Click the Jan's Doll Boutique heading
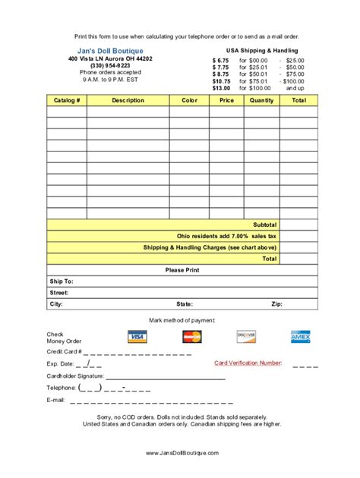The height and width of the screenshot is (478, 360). pos(109,51)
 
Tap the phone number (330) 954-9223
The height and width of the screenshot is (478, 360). pos(109,66)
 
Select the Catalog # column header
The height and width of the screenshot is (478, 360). pos(67,100)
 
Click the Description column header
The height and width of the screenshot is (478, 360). pos(128,100)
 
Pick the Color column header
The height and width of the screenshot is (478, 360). pos(189,100)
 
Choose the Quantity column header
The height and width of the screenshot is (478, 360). pos(261,100)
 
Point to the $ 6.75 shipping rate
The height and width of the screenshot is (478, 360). pos(220,60)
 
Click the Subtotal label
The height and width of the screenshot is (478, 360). pos(265,225)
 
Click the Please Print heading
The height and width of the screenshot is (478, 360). pos(182,269)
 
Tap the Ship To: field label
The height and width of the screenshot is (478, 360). pos(62,281)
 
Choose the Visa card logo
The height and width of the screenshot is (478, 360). pos(137,336)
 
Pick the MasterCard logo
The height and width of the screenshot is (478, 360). pos(192,336)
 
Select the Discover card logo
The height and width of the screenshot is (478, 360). pos(246,335)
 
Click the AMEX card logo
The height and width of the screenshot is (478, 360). pos(301,336)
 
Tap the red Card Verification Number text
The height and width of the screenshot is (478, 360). pos(248,363)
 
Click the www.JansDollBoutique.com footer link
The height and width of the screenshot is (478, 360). pos(182,452)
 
